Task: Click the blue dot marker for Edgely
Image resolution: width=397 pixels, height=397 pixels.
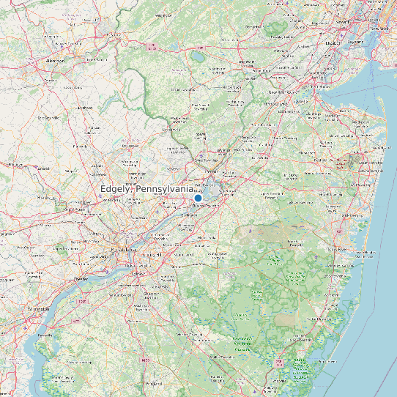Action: [198, 198]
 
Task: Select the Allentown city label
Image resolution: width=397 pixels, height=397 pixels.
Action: [55, 62]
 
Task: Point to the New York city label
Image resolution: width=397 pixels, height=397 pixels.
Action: [378, 29]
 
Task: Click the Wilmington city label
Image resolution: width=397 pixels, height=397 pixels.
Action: [38, 309]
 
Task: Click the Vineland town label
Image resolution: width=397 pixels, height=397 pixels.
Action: [154, 383]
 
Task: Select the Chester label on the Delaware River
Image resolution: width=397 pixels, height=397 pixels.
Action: [81, 279]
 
